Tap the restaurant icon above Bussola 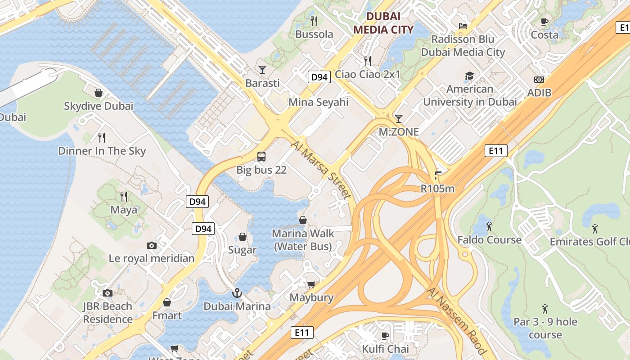point(315,21)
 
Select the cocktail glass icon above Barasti point(262,69)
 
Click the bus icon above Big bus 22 point(261,157)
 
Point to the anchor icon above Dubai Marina point(237,293)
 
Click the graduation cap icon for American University point(469,75)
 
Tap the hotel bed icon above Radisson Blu point(463,26)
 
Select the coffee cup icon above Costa point(544,21)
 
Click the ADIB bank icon point(539,80)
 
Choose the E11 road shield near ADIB point(496,151)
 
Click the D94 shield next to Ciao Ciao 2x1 point(319,77)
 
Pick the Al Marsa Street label point(321,170)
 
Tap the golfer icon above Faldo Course point(489,226)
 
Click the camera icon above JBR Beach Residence point(107,293)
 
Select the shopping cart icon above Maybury point(311,284)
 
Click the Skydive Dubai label point(99,106)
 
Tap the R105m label point(437,189)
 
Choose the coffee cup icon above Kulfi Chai point(385,335)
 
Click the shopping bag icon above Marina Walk point(303,220)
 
